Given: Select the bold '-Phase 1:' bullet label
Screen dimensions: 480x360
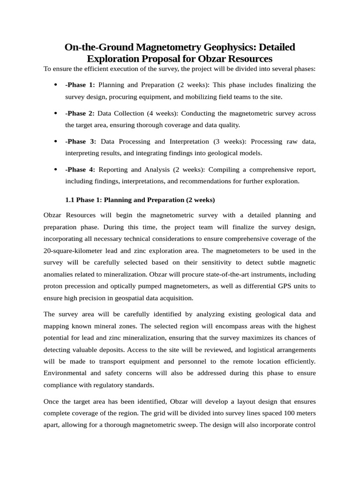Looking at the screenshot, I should pos(80,85).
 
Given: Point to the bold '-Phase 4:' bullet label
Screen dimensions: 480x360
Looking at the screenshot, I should pos(80,169).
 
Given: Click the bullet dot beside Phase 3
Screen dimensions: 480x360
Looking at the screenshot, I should pos(55,141).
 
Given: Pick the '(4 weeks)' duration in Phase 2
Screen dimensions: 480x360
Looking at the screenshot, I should pos(164,113).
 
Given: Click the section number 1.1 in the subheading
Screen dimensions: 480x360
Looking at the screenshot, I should pos(70,200).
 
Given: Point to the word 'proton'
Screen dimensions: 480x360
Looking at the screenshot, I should pos(53,285).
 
